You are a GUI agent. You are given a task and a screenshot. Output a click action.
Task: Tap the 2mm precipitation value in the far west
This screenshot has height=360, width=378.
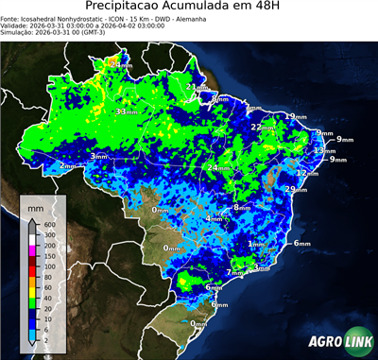point(68,165)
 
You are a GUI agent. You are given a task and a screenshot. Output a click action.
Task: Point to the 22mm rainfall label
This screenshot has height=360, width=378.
point(260,127)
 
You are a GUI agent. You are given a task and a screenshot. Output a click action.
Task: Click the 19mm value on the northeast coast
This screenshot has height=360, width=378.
point(296,116)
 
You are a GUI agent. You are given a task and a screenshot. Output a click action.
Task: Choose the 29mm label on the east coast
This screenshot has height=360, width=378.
point(295,190)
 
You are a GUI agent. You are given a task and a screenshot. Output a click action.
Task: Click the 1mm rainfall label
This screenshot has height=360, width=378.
point(255,244)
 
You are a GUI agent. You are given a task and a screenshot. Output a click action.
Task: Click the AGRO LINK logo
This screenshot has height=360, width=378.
point(338,341)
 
